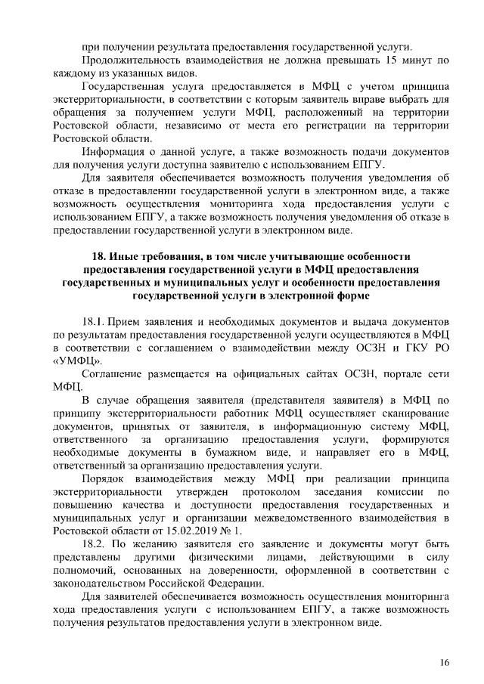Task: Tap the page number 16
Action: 444,663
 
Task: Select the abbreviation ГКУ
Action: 399,346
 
